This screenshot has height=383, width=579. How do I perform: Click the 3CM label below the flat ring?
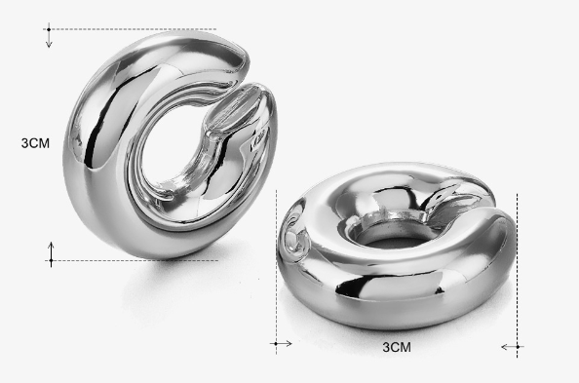(x=397, y=347)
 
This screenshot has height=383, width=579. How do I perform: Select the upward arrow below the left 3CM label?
(x=52, y=253)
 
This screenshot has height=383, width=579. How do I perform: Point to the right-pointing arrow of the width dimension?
(x=282, y=343)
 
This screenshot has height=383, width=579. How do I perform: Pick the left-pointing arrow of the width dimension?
(x=511, y=346)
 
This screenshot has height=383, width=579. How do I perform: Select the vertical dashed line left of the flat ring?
(x=278, y=263)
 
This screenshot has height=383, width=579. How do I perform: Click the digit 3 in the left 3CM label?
(x=24, y=143)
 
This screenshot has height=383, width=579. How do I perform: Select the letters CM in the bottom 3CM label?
(x=402, y=347)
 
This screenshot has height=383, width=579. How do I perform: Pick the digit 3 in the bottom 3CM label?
(x=386, y=347)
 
